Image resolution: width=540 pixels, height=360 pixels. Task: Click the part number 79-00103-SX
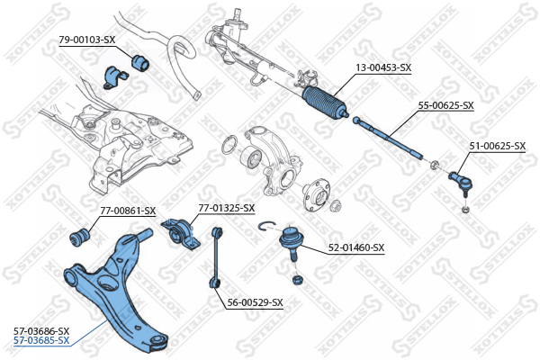pyautogui.click(x=87, y=40)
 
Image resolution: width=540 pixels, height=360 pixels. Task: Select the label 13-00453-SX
pyautogui.click(x=382, y=67)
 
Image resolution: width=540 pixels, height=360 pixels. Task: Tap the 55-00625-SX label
pyautogui.click(x=445, y=105)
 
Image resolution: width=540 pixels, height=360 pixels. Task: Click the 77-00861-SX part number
pyautogui.click(x=128, y=211)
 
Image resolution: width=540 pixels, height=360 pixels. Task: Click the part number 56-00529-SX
pyautogui.click(x=255, y=302)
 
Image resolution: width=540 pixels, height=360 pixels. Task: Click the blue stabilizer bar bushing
pyautogui.click(x=140, y=62)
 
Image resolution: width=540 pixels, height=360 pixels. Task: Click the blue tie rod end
pyautogui.click(x=458, y=177)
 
